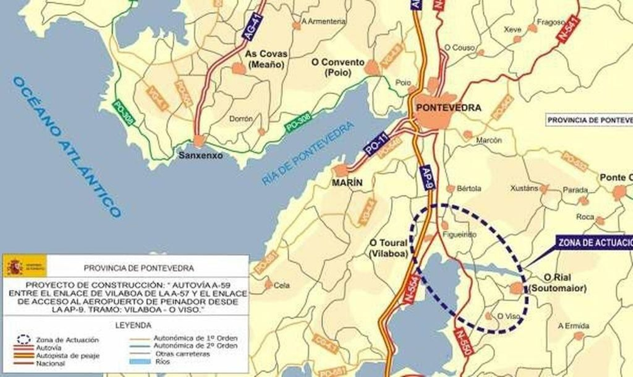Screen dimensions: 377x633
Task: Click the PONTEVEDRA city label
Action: point(449,108)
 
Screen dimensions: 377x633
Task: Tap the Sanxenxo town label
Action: point(201,156)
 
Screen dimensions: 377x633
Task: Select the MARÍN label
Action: point(347,183)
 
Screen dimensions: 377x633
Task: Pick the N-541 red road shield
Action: point(569,30)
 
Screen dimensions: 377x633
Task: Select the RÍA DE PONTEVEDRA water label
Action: point(308,154)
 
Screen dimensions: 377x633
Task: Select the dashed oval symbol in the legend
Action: point(24,339)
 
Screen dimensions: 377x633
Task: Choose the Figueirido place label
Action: point(459,234)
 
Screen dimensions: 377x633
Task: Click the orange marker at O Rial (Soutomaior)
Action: point(517,288)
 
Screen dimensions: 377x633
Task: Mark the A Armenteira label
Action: point(324,21)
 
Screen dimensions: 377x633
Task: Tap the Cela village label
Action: point(282,285)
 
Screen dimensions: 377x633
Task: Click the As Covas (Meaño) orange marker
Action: point(239,69)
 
